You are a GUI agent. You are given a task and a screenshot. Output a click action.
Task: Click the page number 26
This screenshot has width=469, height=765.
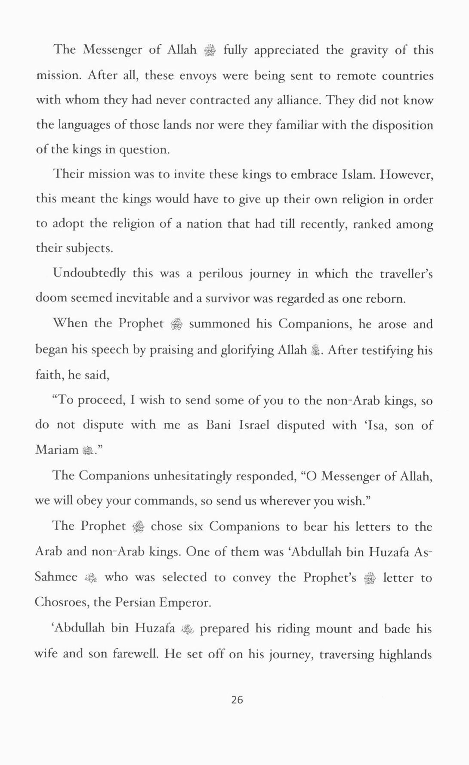(x=237, y=700)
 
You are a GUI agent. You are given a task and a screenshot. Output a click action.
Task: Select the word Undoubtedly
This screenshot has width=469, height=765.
(x=89, y=273)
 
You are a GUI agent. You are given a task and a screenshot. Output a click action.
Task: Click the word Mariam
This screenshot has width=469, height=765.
(x=57, y=450)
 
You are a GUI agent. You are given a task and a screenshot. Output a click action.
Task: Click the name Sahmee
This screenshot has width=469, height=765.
(x=56, y=577)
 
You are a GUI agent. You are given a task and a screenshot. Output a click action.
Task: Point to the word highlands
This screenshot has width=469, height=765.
(x=405, y=654)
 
